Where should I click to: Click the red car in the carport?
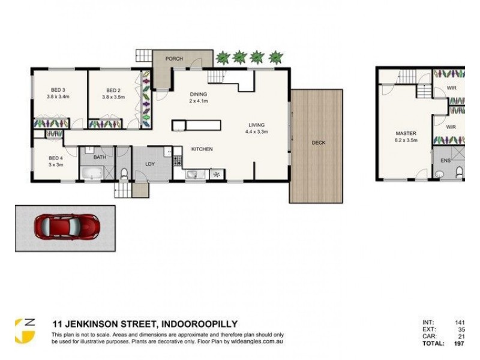tap(64, 228)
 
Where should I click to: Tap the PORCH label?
tap(174, 59)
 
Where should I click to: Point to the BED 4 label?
tap(56, 159)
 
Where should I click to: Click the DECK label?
tap(319, 143)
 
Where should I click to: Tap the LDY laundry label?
tap(151, 163)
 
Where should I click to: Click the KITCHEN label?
tap(202, 149)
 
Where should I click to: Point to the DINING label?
tap(198, 94)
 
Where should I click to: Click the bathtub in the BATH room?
tap(91, 175)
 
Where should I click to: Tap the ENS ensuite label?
tap(445, 161)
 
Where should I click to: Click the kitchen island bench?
tap(196, 126)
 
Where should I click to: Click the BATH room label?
tap(101, 157)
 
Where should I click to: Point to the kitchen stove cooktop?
tap(177, 160)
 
